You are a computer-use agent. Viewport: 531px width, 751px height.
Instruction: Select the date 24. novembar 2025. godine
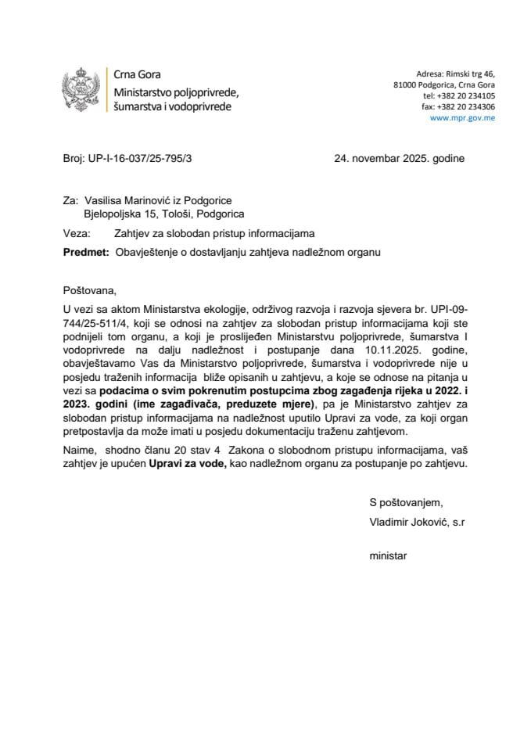pyautogui.click(x=399, y=158)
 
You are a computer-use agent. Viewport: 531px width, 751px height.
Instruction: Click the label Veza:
pyautogui.click(x=75, y=233)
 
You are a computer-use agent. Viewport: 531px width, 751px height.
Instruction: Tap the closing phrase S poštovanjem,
pyautogui.click(x=407, y=502)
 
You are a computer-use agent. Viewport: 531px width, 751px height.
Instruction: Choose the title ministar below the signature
pyautogui.click(x=389, y=556)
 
